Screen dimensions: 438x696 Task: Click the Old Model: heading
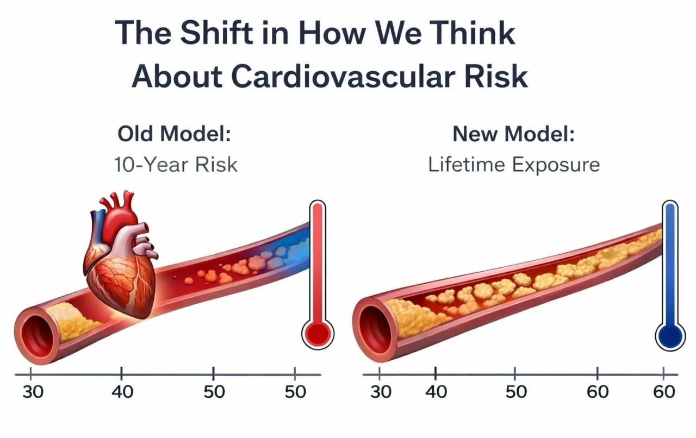pyautogui.click(x=174, y=134)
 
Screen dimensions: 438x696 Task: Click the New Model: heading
pyautogui.click(x=513, y=134)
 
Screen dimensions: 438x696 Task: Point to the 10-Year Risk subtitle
pyautogui.click(x=176, y=164)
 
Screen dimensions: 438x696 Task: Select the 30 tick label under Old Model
pyautogui.click(x=32, y=392)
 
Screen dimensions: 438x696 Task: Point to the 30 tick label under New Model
pyautogui.click(x=380, y=392)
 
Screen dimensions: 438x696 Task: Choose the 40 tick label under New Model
pyautogui.click(x=436, y=392)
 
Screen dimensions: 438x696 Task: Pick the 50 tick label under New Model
pyautogui.click(x=515, y=392)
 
